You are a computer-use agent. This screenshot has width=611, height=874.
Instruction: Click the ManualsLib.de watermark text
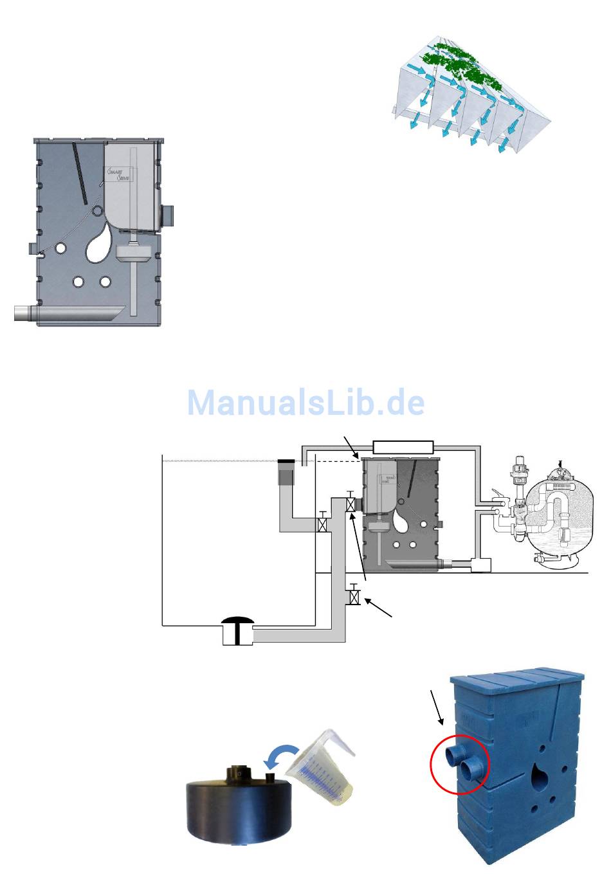[305, 403]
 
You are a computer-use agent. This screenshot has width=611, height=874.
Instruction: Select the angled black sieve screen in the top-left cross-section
[80, 170]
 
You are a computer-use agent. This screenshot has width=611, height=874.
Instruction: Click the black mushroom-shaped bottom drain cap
[238, 622]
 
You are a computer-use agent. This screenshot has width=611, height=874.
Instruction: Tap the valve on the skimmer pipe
[324, 524]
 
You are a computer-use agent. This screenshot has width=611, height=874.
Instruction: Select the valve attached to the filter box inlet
[351, 505]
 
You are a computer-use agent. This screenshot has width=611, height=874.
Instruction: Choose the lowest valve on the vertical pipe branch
[352, 597]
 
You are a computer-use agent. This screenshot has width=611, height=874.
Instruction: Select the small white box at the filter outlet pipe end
[480, 565]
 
